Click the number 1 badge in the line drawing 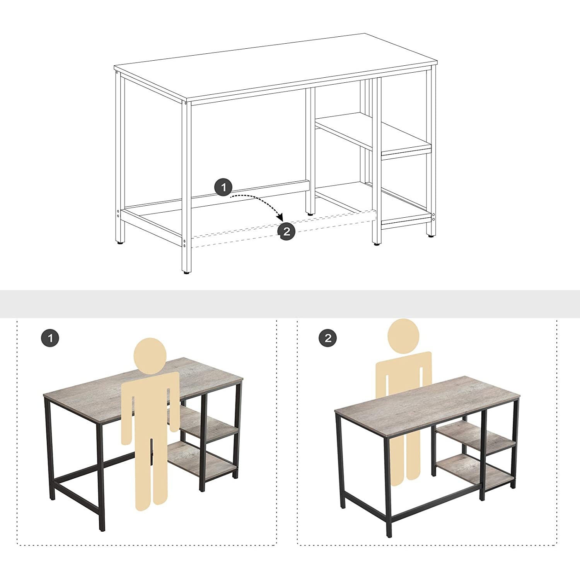[223, 188]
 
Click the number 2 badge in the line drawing [287, 231]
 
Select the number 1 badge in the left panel [50, 338]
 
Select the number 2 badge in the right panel [328, 338]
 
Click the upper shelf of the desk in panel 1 [209, 423]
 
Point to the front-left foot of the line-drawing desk [187, 273]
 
